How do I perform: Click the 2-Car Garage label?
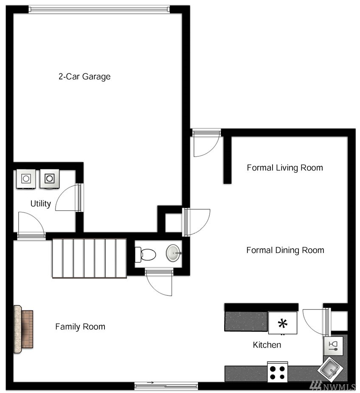click(x=84, y=76)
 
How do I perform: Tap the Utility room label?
click(x=41, y=204)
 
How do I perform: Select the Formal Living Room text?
click(x=285, y=168)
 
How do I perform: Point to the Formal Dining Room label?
click(x=285, y=250)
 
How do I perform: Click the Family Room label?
click(x=80, y=327)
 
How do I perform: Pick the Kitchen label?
click(x=267, y=345)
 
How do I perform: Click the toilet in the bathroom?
click(x=145, y=254)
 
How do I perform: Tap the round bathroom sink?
click(x=174, y=253)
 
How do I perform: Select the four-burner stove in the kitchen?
click(x=277, y=372)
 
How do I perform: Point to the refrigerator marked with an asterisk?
click(x=283, y=323)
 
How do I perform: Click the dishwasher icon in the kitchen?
click(x=333, y=346)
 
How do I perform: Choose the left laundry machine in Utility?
click(x=26, y=179)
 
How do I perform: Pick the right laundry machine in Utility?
click(x=49, y=179)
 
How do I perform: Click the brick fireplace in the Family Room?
click(x=23, y=329)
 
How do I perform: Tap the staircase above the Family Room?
click(x=90, y=258)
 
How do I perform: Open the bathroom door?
click(x=159, y=282)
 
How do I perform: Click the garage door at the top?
click(x=99, y=9)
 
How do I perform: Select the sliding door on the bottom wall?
click(x=166, y=385)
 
